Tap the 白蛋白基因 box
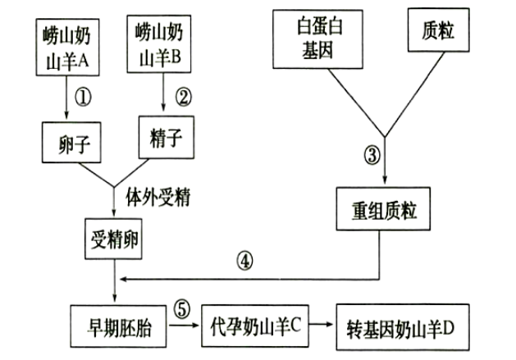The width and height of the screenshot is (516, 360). [314, 39]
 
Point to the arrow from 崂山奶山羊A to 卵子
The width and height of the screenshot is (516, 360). [65, 98]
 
